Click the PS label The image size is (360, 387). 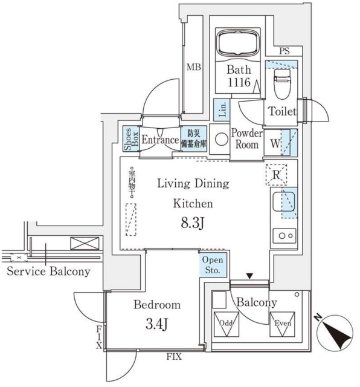[x=284, y=52]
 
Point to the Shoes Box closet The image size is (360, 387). [x=129, y=139]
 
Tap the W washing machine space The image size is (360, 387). [x=275, y=144]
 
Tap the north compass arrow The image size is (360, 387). [x=333, y=331]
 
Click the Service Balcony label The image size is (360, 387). [x=48, y=272]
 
